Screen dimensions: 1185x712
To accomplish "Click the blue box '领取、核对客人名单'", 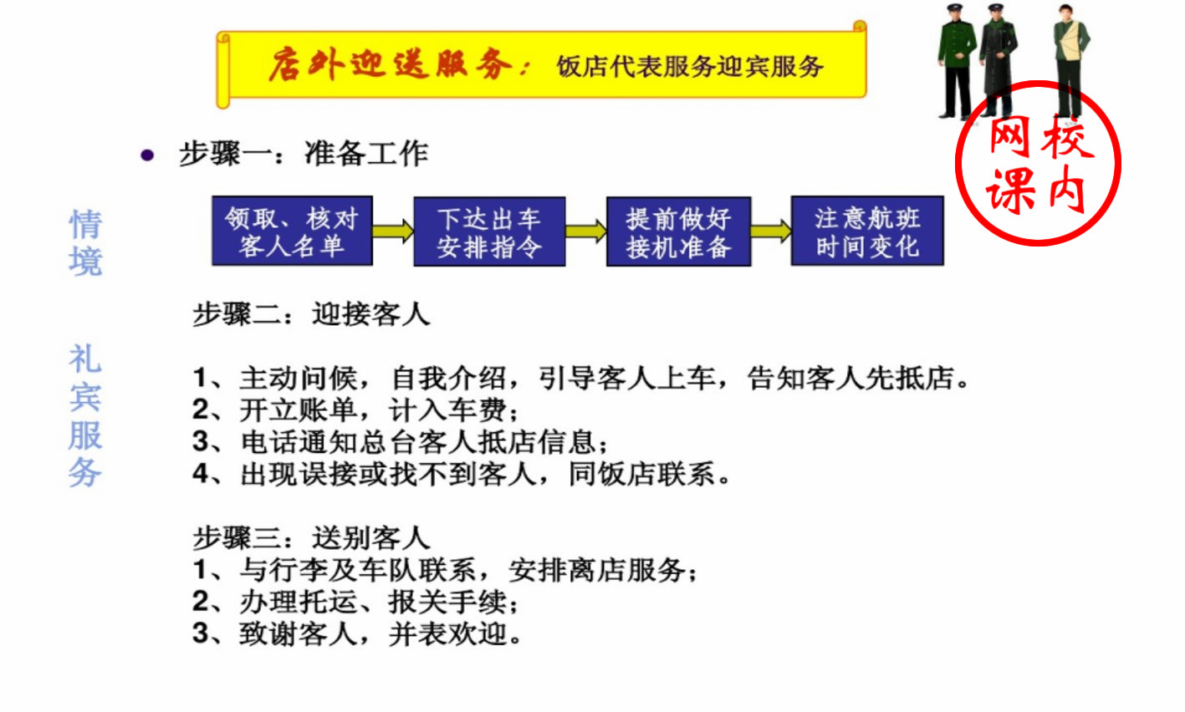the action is [x=292, y=231].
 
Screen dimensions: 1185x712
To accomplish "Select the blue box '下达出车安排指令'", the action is [x=489, y=231].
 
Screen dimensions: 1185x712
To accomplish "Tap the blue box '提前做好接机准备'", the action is [x=678, y=231].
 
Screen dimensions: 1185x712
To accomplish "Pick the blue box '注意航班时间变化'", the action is [x=867, y=231].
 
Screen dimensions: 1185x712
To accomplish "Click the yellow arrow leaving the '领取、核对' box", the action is [x=393, y=231].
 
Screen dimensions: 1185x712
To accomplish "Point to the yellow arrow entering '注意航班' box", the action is [x=771, y=231].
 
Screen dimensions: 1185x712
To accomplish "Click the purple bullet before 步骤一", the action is [x=148, y=155].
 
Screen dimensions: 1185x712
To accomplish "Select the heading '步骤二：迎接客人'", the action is [x=311, y=314].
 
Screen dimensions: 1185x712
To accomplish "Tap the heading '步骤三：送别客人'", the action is [x=311, y=537].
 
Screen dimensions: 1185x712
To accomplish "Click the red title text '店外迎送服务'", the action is [x=390, y=65].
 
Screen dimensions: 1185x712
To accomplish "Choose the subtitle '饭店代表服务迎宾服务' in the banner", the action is [x=690, y=67].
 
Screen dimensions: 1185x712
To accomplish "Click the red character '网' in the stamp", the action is [x=1009, y=138].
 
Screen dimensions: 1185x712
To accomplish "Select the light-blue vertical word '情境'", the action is [x=85, y=242].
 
